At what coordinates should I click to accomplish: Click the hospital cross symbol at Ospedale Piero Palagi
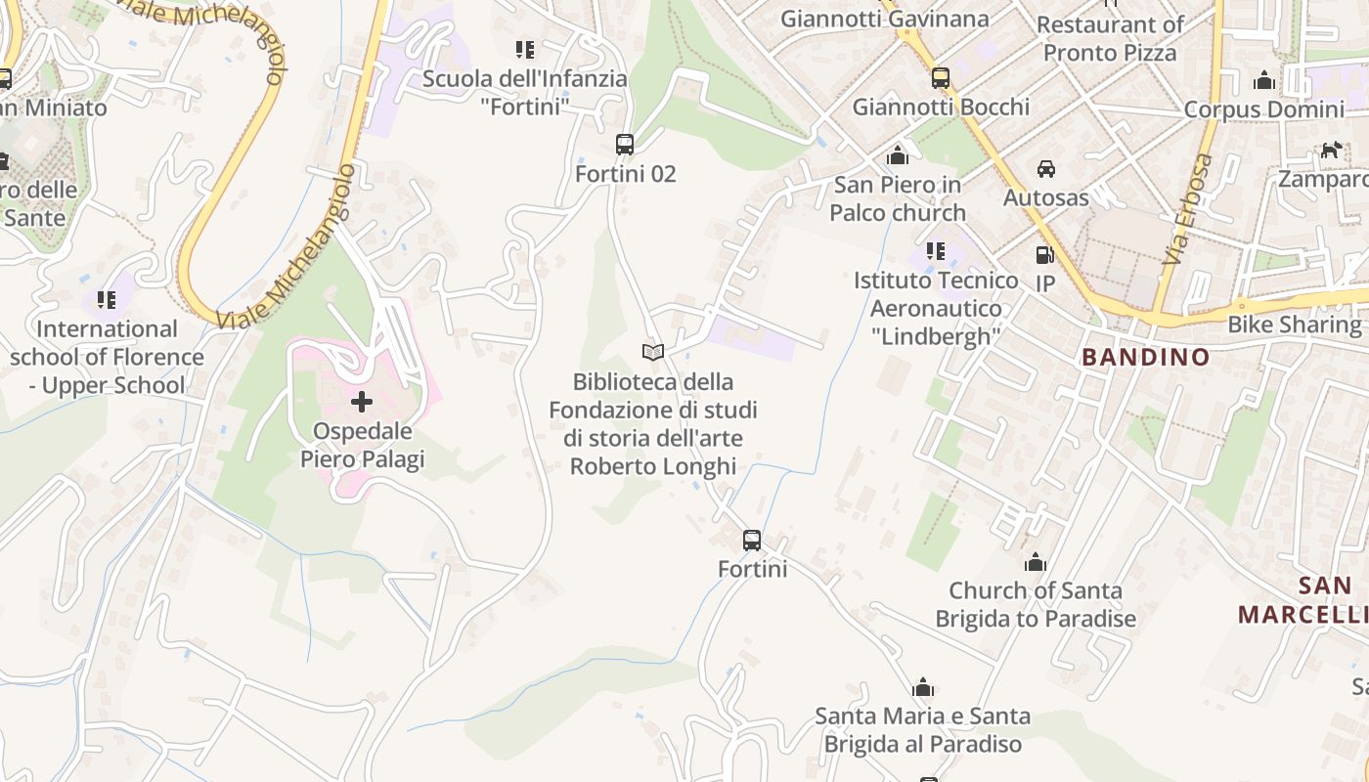coord(362,401)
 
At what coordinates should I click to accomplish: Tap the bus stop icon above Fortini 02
coord(625,145)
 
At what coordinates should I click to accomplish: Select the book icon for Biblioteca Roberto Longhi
coord(652,351)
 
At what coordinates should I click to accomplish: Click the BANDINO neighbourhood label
coord(1146,357)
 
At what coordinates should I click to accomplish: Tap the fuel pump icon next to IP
coord(1045,255)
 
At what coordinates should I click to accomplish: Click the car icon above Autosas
coord(1046,169)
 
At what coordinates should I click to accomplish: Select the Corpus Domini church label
coord(1263,109)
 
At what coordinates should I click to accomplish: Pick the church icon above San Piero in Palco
coord(897,155)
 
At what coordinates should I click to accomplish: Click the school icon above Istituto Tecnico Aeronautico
coord(936,251)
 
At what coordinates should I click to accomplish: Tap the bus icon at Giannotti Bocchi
coord(941,78)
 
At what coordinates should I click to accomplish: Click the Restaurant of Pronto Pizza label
coord(1110,38)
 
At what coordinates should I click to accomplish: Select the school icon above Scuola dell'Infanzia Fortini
coord(525,49)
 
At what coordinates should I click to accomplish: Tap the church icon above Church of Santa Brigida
coord(1035,562)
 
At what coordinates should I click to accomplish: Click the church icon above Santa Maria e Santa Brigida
coord(923,688)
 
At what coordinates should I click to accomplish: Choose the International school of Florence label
coord(107,357)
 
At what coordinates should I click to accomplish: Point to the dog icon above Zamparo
coord(1331,151)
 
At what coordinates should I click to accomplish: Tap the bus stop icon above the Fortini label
coord(752,540)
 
